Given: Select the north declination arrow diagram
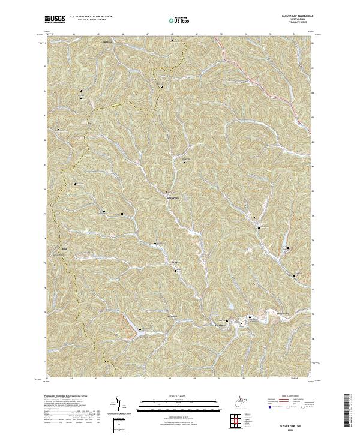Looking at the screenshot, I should [119, 405].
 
